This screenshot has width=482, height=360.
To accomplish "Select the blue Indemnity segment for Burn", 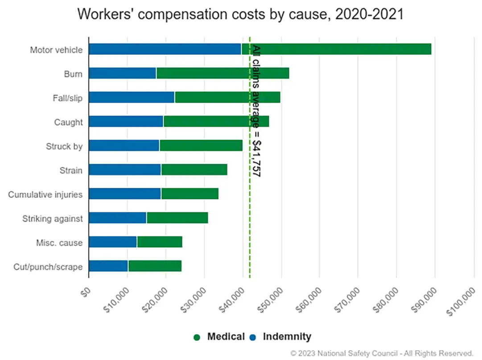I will tap(122, 73).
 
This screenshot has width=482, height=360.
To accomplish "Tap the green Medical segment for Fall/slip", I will tap(227, 97).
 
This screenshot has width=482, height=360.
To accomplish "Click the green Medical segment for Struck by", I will tap(201, 145).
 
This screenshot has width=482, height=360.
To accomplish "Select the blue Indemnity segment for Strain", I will tap(124, 170).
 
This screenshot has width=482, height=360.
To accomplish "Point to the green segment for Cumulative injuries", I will tap(190, 194).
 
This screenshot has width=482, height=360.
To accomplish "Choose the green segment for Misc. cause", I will tap(160, 242).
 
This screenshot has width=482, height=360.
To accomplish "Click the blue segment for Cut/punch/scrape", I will tap(108, 266).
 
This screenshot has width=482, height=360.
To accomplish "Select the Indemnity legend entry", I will tap(281, 337).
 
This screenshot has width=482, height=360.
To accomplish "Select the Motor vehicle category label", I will tap(56, 50).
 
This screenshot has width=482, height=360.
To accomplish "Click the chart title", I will tap(240, 14).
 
